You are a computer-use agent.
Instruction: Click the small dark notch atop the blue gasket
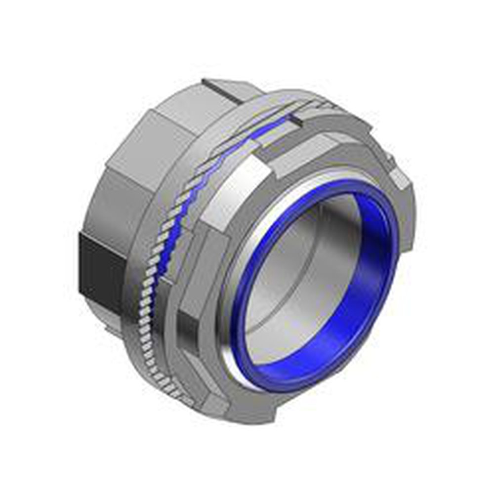[296, 117]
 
